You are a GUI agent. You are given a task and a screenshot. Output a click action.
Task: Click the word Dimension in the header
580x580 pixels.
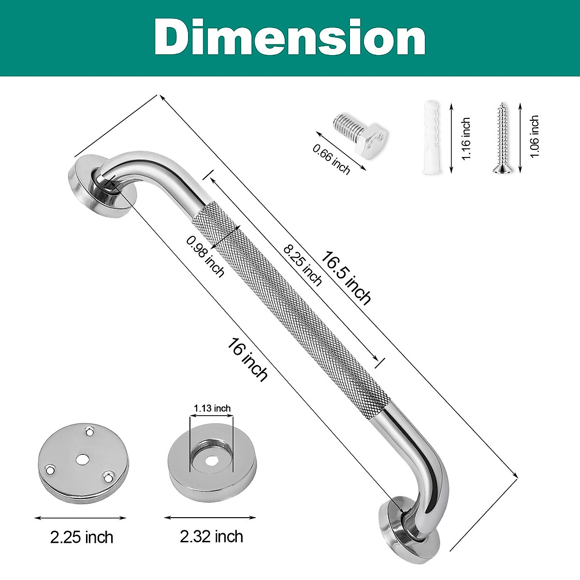290,38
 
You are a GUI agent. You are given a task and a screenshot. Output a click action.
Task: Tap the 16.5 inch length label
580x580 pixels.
347,278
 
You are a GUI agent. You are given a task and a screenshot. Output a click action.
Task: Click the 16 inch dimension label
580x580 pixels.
248,360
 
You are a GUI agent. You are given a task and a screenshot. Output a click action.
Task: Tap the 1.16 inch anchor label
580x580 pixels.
465,139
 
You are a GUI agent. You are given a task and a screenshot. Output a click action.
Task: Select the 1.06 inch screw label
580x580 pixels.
534,136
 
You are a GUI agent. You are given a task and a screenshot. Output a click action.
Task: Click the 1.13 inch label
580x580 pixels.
212,408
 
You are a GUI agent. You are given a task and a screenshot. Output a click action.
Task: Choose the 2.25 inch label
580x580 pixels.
82,537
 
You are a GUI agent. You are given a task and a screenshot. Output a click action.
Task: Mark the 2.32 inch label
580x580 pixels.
211,536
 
